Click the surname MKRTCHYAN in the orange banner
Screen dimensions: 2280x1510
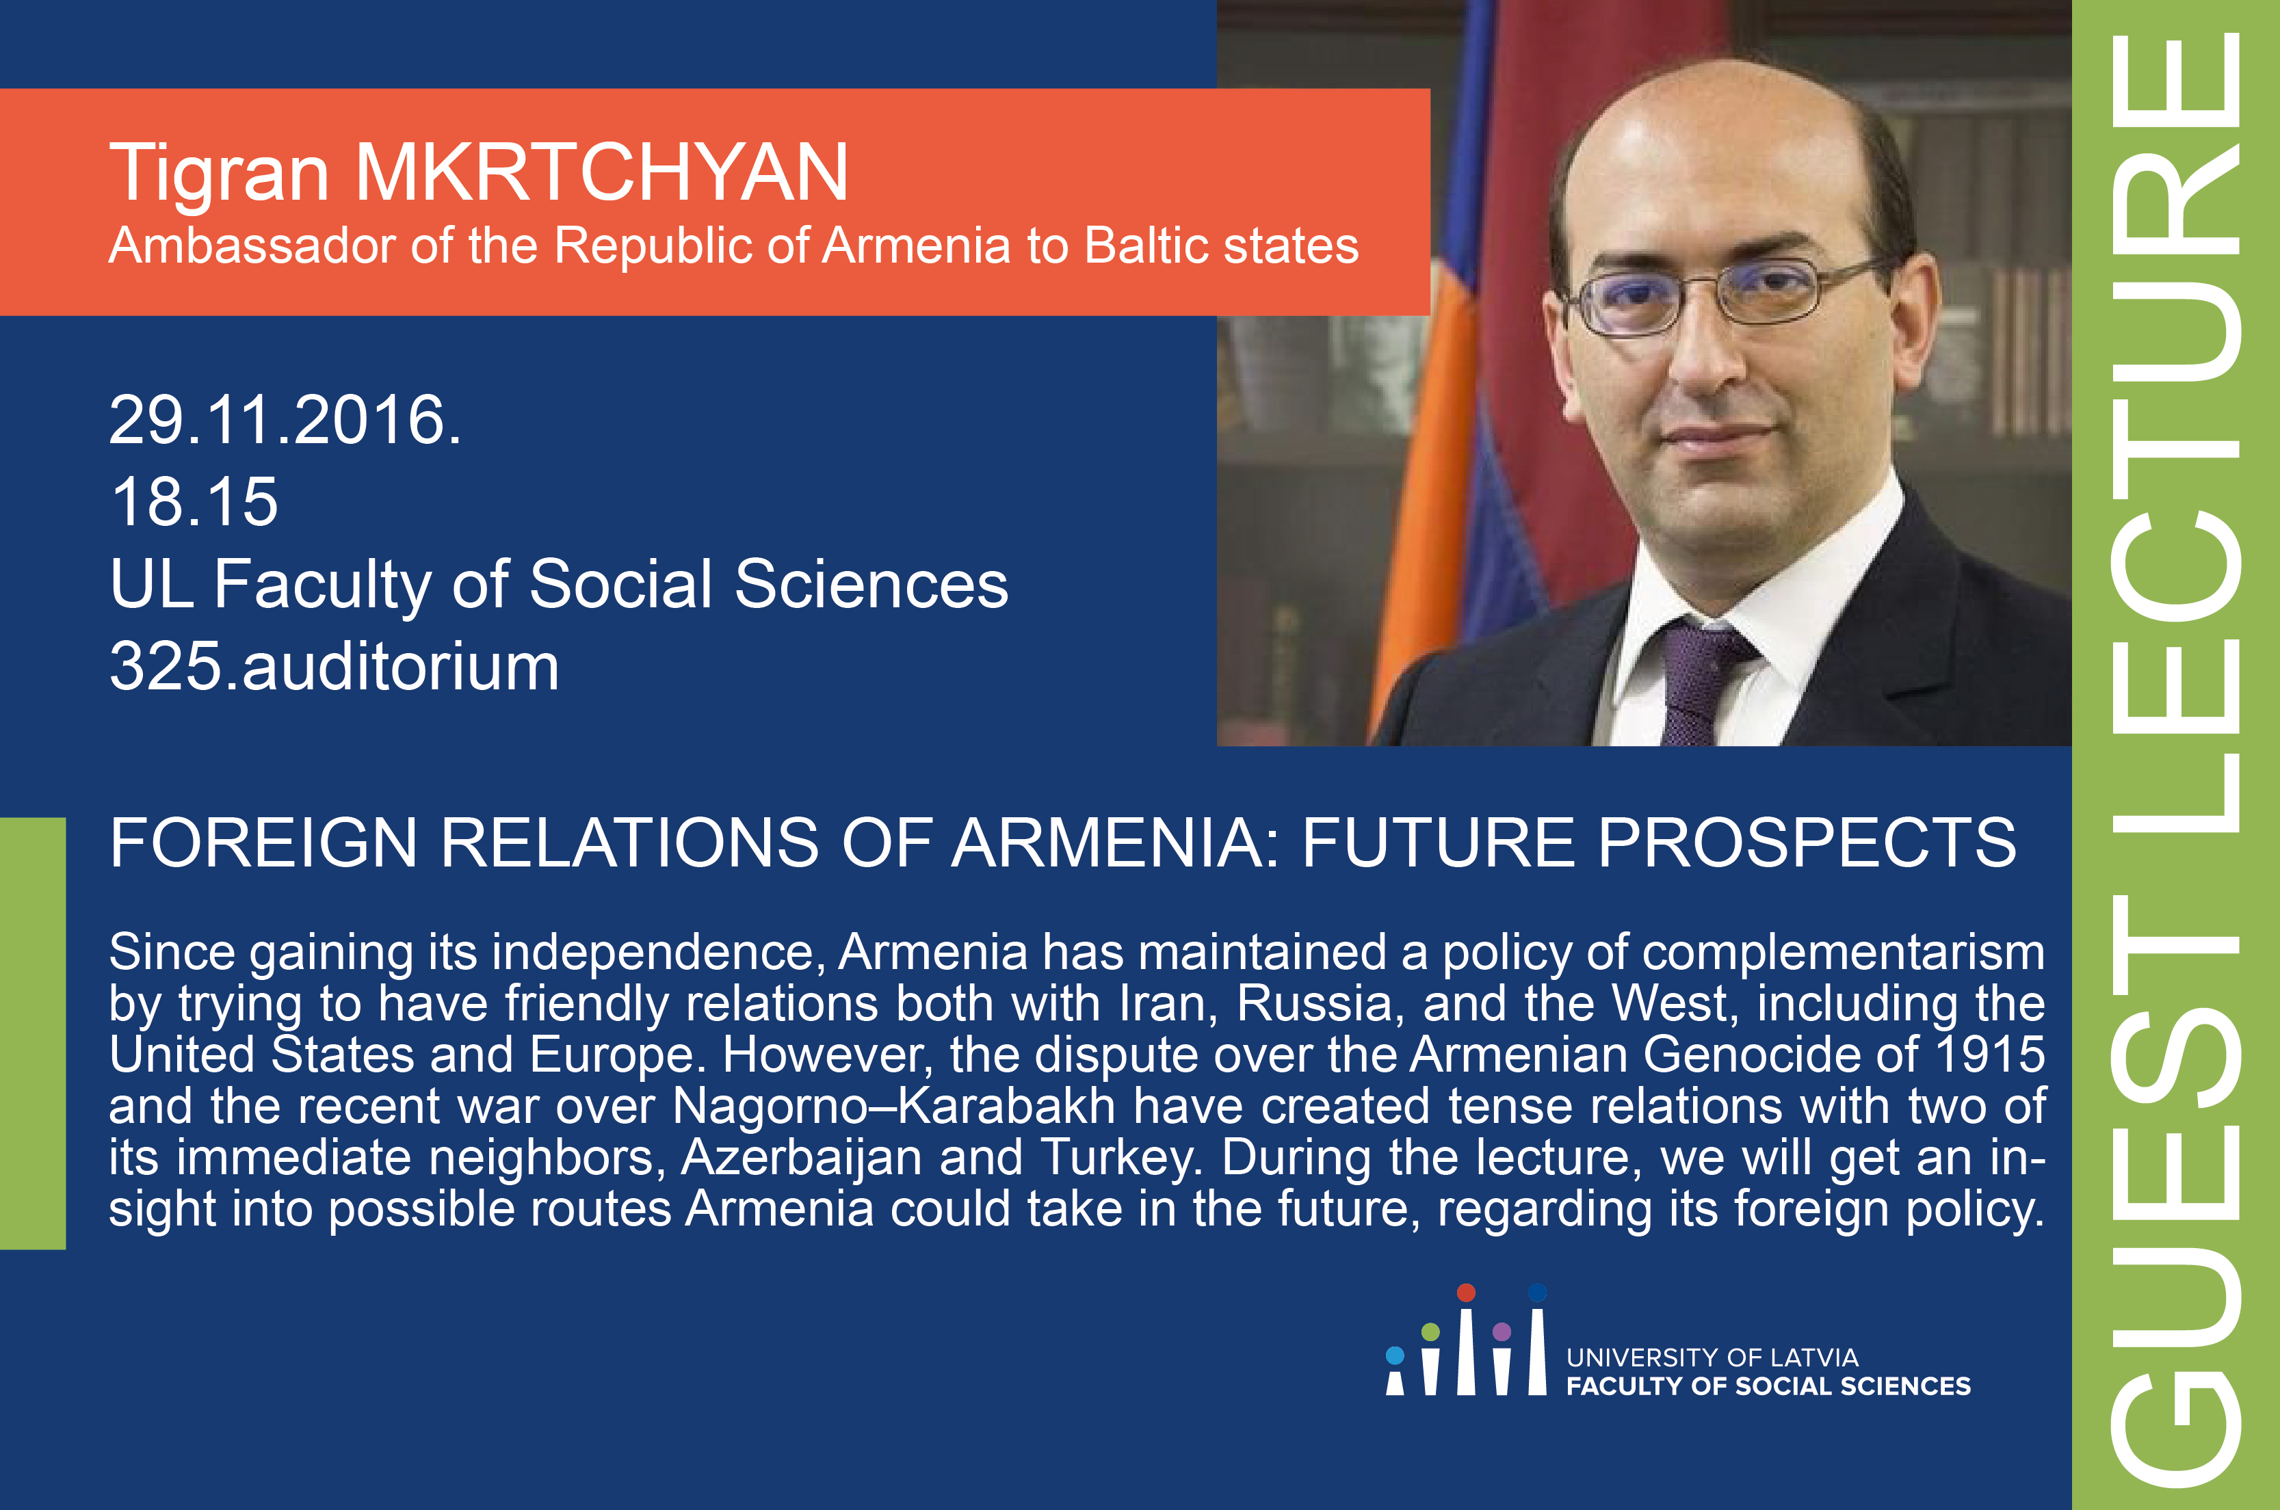point(602,172)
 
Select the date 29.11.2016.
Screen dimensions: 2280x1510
point(285,420)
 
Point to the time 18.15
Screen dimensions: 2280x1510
point(194,502)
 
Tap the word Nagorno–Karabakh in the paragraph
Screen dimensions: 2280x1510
point(894,1106)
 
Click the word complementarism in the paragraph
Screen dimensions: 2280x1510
point(1844,953)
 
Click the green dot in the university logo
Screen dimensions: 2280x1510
point(1430,1332)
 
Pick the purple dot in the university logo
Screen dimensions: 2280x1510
point(1502,1332)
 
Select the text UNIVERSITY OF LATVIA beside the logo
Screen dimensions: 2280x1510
point(1712,1358)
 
